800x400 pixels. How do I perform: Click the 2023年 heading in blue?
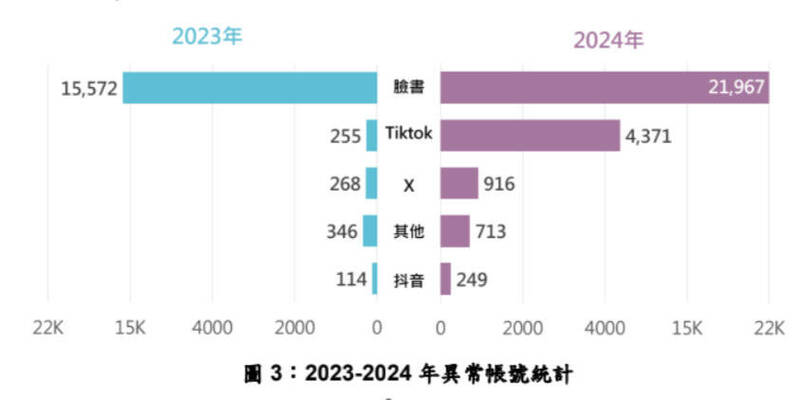point(207,37)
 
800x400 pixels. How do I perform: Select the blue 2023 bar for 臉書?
point(250,87)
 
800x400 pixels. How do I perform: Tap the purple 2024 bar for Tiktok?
point(530,135)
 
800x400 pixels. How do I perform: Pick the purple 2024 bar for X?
point(459,184)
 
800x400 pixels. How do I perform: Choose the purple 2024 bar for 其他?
point(455,232)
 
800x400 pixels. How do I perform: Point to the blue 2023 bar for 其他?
point(370,232)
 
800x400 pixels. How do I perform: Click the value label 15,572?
point(88,89)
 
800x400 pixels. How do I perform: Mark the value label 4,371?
point(652,136)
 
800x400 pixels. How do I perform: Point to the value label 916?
point(498,184)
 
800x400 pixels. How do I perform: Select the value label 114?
point(350,280)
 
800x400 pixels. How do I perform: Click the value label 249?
point(471,280)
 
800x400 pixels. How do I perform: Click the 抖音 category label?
point(409,281)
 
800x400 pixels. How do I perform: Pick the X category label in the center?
point(408,185)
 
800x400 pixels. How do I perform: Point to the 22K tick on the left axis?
point(48,327)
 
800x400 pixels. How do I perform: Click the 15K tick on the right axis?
point(686,327)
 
